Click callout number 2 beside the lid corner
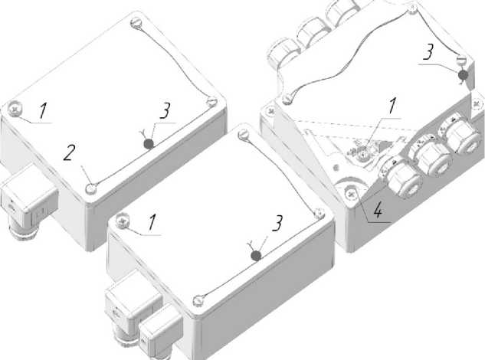pyautogui.click(x=69, y=152)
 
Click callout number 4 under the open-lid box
pyautogui.click(x=378, y=211)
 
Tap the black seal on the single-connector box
pyautogui.click(x=149, y=143)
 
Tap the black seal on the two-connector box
pyautogui.click(x=256, y=256)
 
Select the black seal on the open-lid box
pyautogui.click(x=463, y=75)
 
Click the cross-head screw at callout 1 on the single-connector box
pyautogui.click(x=15, y=110)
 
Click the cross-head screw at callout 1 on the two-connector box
pyautogui.click(x=123, y=221)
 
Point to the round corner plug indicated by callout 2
pyautogui.click(x=91, y=188)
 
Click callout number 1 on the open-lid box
pyautogui.click(x=392, y=106)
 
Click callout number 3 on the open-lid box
pyautogui.click(x=428, y=51)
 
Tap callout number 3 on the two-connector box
pyautogui.click(x=277, y=223)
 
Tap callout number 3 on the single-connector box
pyautogui.click(x=165, y=111)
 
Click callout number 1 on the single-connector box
pyautogui.click(x=43, y=111)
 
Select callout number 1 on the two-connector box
pyautogui.click(x=152, y=222)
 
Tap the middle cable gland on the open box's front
pyautogui.click(x=430, y=158)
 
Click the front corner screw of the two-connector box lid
pyautogui.click(x=198, y=301)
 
